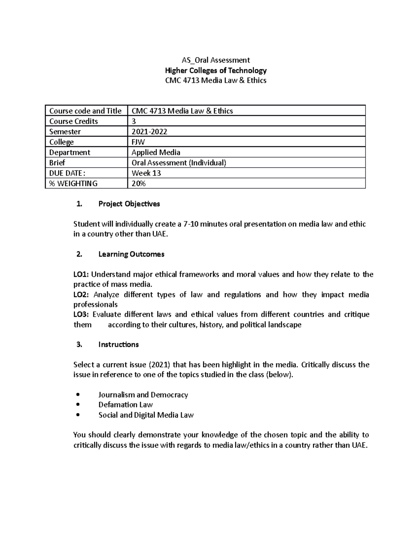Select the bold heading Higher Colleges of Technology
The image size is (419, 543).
tap(215, 70)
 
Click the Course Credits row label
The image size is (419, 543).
tap(73, 121)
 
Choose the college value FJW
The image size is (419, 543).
tap(138, 142)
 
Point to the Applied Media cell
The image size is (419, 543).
tap(156, 152)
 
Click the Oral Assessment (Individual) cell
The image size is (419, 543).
tap(179, 163)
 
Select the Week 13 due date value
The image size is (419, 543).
tap(146, 173)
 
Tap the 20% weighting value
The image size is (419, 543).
tap(138, 184)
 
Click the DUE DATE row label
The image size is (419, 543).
tap(67, 173)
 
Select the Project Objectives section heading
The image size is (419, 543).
tap(129, 204)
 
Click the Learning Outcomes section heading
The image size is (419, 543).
tap(131, 254)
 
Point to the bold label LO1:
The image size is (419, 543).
tap(81, 274)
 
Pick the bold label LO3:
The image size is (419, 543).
tap(81, 315)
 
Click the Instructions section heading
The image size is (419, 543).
tap(118, 345)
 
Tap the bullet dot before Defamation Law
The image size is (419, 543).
tap(78, 405)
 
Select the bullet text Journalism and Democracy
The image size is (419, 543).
tap(143, 395)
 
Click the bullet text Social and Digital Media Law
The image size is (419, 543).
tap(146, 415)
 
